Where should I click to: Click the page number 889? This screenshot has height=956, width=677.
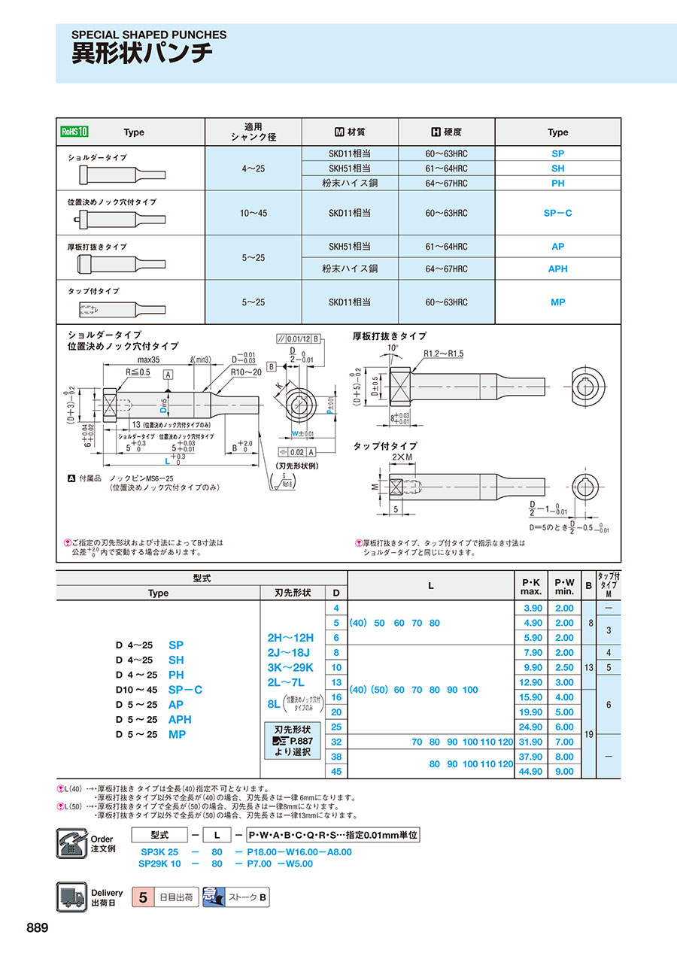pyautogui.click(x=37, y=927)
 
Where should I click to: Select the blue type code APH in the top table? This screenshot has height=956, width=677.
pyautogui.click(x=557, y=269)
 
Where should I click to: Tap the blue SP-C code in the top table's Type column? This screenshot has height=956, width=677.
pyautogui.click(x=557, y=213)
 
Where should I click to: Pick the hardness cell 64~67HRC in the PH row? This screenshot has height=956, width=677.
pyautogui.click(x=446, y=183)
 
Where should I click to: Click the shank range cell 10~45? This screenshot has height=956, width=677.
pyautogui.click(x=253, y=213)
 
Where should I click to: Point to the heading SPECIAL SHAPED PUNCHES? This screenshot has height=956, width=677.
pyautogui.click(x=149, y=35)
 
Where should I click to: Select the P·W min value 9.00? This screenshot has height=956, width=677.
pyautogui.click(x=564, y=771)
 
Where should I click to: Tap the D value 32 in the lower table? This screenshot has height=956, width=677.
pyautogui.click(x=336, y=742)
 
